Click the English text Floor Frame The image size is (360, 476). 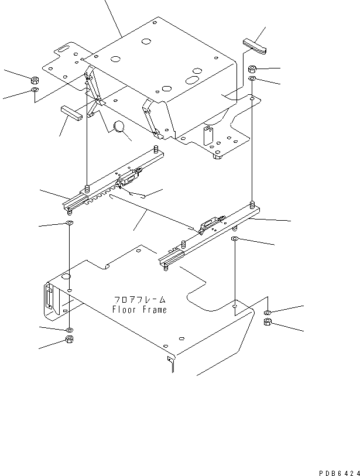point(140,310)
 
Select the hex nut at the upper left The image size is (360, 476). point(35,80)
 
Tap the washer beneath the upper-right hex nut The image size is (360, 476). point(252,78)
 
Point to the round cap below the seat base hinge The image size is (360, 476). point(119,127)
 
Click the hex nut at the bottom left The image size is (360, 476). point(70,340)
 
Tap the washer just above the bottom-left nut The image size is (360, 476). point(70,330)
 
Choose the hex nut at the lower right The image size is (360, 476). point(268,323)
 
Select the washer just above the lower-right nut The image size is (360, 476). point(267,313)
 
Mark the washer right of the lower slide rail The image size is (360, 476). point(234,240)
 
